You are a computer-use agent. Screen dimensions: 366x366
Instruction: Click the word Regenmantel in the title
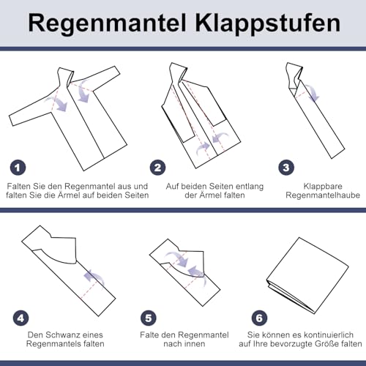point(108,23)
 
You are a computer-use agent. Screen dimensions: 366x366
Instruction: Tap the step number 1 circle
point(17,167)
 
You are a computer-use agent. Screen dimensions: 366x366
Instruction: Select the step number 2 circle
point(157,167)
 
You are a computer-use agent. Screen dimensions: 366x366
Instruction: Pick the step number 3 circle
point(286,167)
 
